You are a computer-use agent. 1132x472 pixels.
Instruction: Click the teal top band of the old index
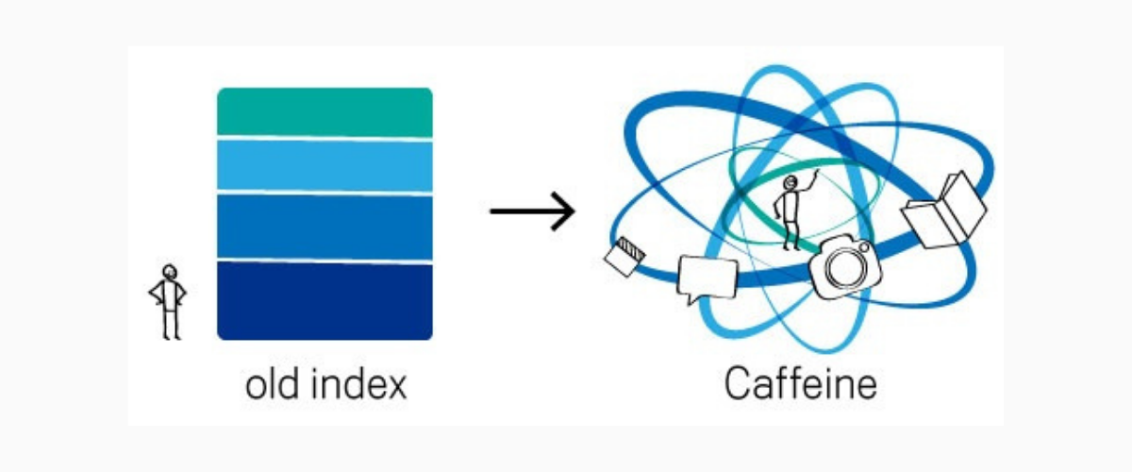coord(325,111)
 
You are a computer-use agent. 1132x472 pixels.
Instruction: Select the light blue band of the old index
coord(325,165)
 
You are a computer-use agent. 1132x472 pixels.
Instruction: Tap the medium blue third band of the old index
coord(325,227)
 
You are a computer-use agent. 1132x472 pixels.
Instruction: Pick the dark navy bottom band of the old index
coord(325,300)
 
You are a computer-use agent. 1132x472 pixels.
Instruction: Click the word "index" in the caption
coord(363,384)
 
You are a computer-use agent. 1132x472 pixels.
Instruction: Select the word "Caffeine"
coord(800,384)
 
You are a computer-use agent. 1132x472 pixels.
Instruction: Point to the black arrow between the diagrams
coord(532,210)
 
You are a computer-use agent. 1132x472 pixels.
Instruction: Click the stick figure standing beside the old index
coord(168,301)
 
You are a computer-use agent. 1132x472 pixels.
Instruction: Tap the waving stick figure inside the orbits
coord(791,211)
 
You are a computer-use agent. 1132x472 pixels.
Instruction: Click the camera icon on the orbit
coord(845,267)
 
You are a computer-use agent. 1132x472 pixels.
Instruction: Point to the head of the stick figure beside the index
coord(169,272)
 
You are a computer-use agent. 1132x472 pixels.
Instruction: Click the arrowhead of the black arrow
coord(566,210)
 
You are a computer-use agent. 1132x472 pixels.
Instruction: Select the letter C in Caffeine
coord(737,384)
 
